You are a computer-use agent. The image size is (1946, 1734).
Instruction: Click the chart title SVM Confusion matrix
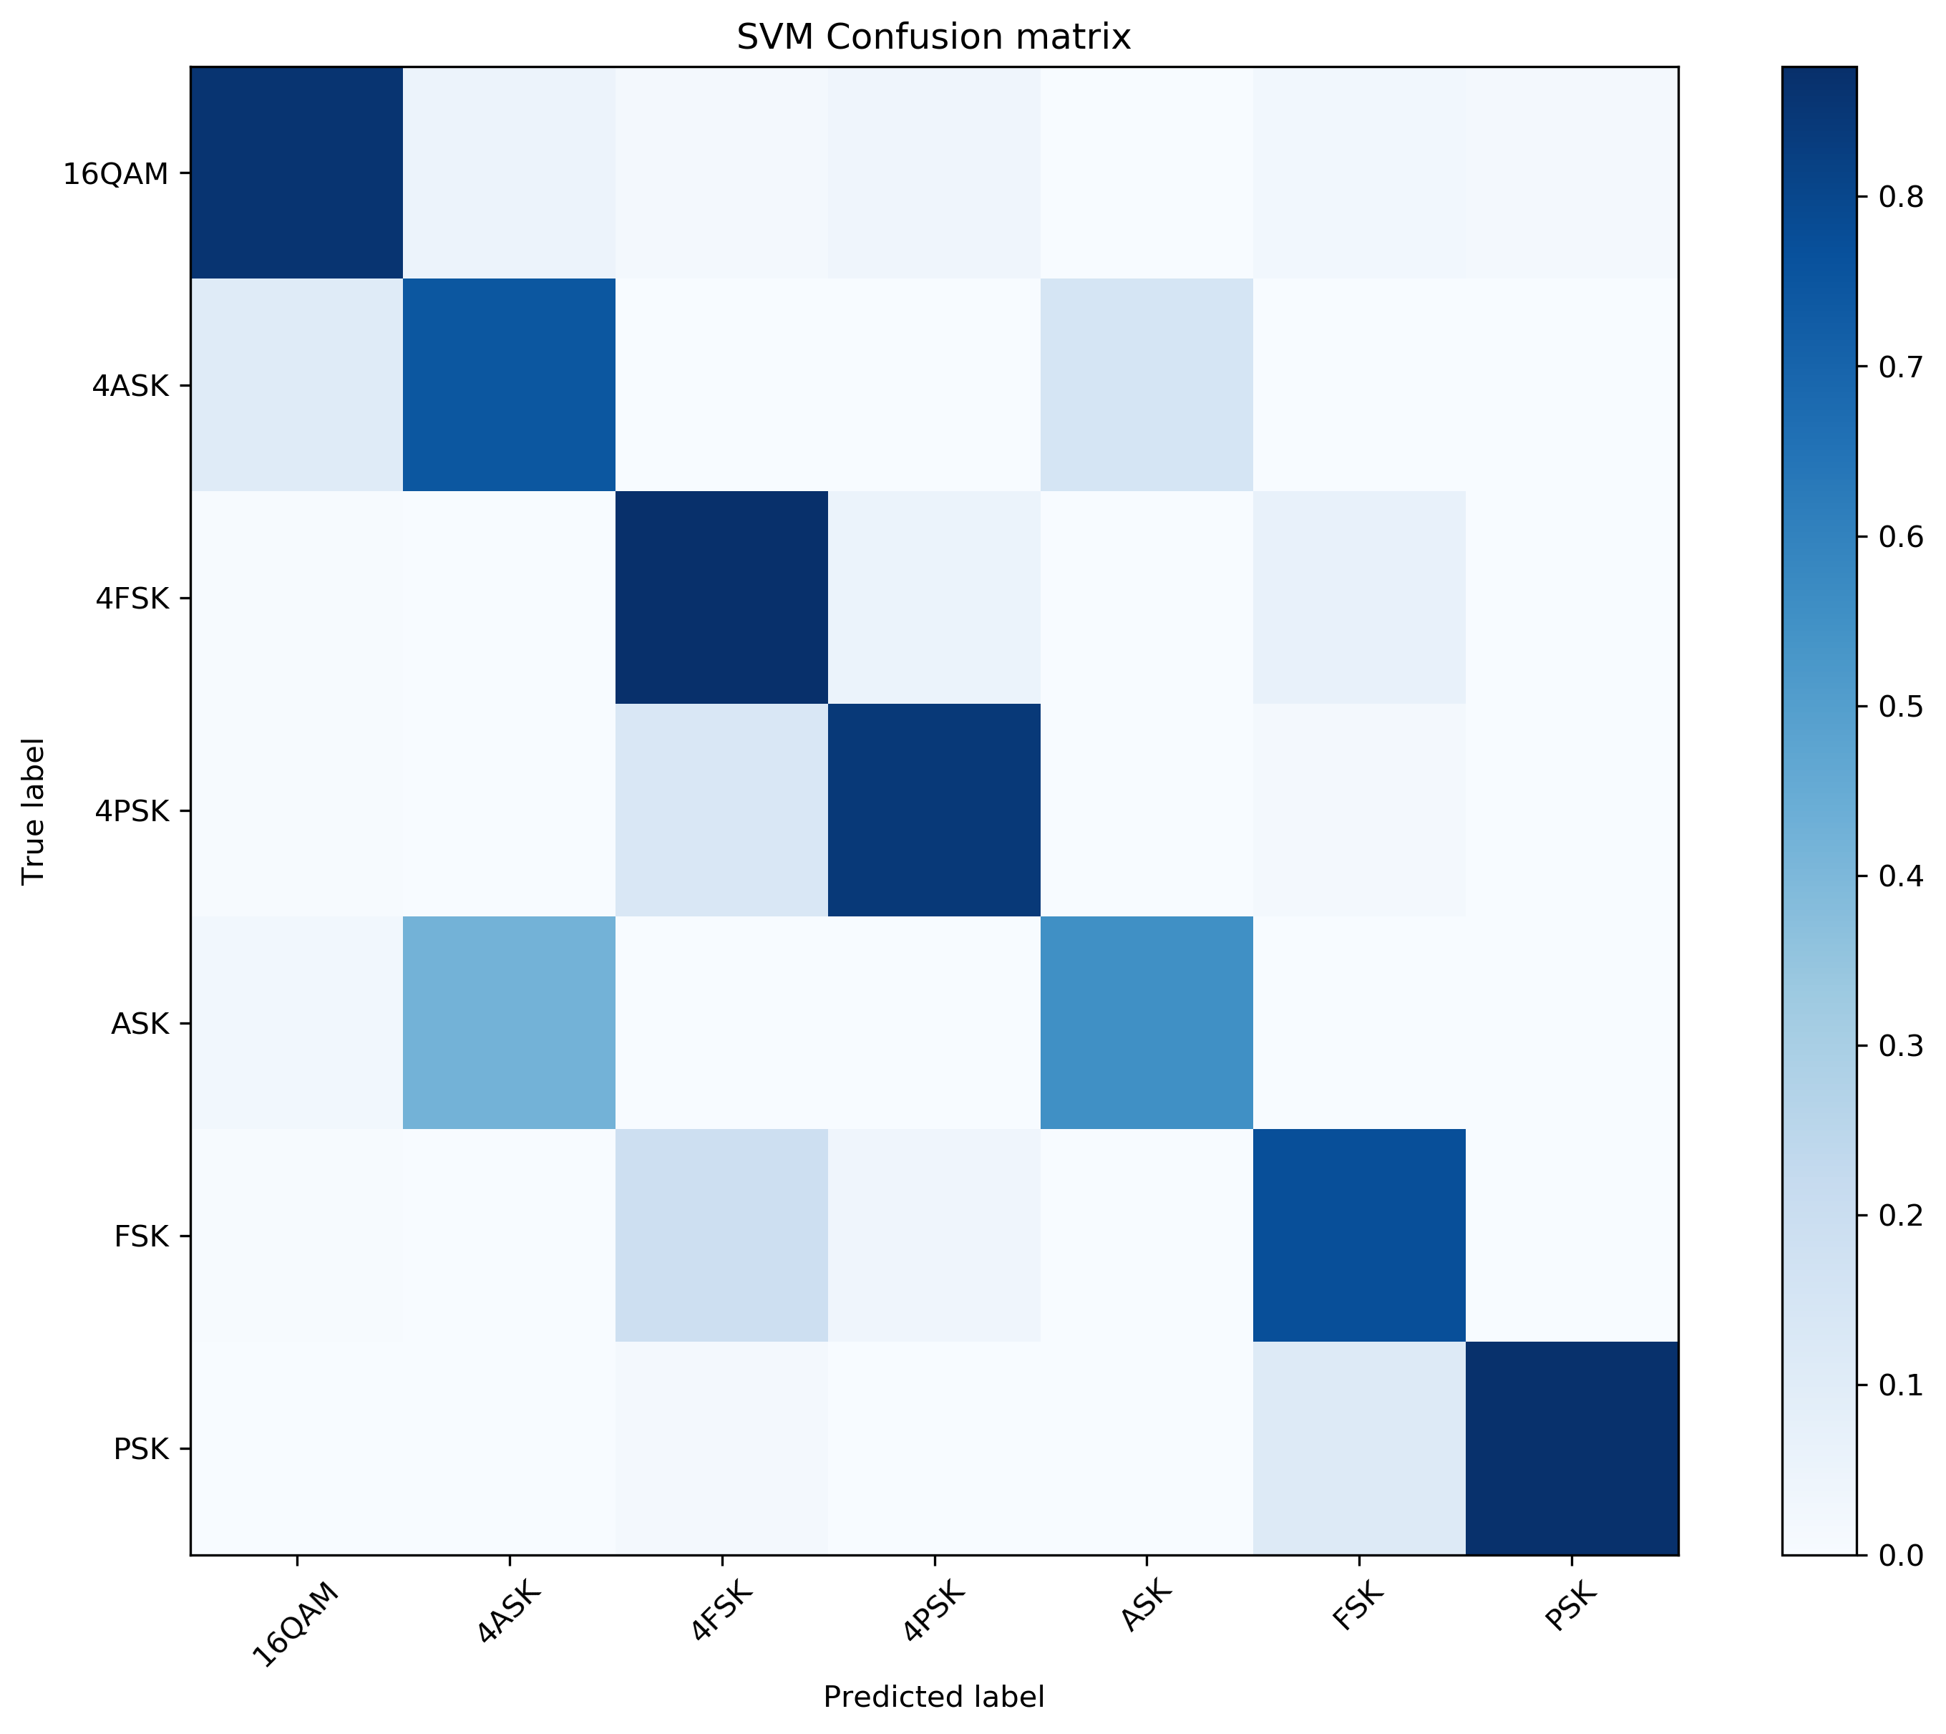[933, 37]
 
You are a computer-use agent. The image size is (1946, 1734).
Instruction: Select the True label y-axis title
[34, 810]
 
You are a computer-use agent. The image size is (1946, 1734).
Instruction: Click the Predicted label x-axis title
[933, 1697]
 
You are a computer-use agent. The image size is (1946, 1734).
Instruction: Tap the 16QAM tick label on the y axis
[115, 175]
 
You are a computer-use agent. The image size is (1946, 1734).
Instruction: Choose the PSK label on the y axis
[141, 1449]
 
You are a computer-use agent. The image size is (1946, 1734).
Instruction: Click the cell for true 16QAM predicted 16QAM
[296, 173]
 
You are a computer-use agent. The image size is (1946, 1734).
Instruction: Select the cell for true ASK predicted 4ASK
[509, 1023]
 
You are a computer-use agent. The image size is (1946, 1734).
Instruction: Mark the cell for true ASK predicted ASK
[1146, 1023]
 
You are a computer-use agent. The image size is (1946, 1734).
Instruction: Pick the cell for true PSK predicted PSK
[1572, 1448]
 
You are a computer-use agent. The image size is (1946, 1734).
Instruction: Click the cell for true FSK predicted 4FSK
[721, 1236]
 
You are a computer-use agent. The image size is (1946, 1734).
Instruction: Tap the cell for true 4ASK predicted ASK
[1146, 386]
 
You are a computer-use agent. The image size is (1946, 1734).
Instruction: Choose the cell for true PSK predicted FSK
[1358, 1448]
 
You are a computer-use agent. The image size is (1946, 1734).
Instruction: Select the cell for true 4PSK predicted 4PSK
[933, 810]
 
